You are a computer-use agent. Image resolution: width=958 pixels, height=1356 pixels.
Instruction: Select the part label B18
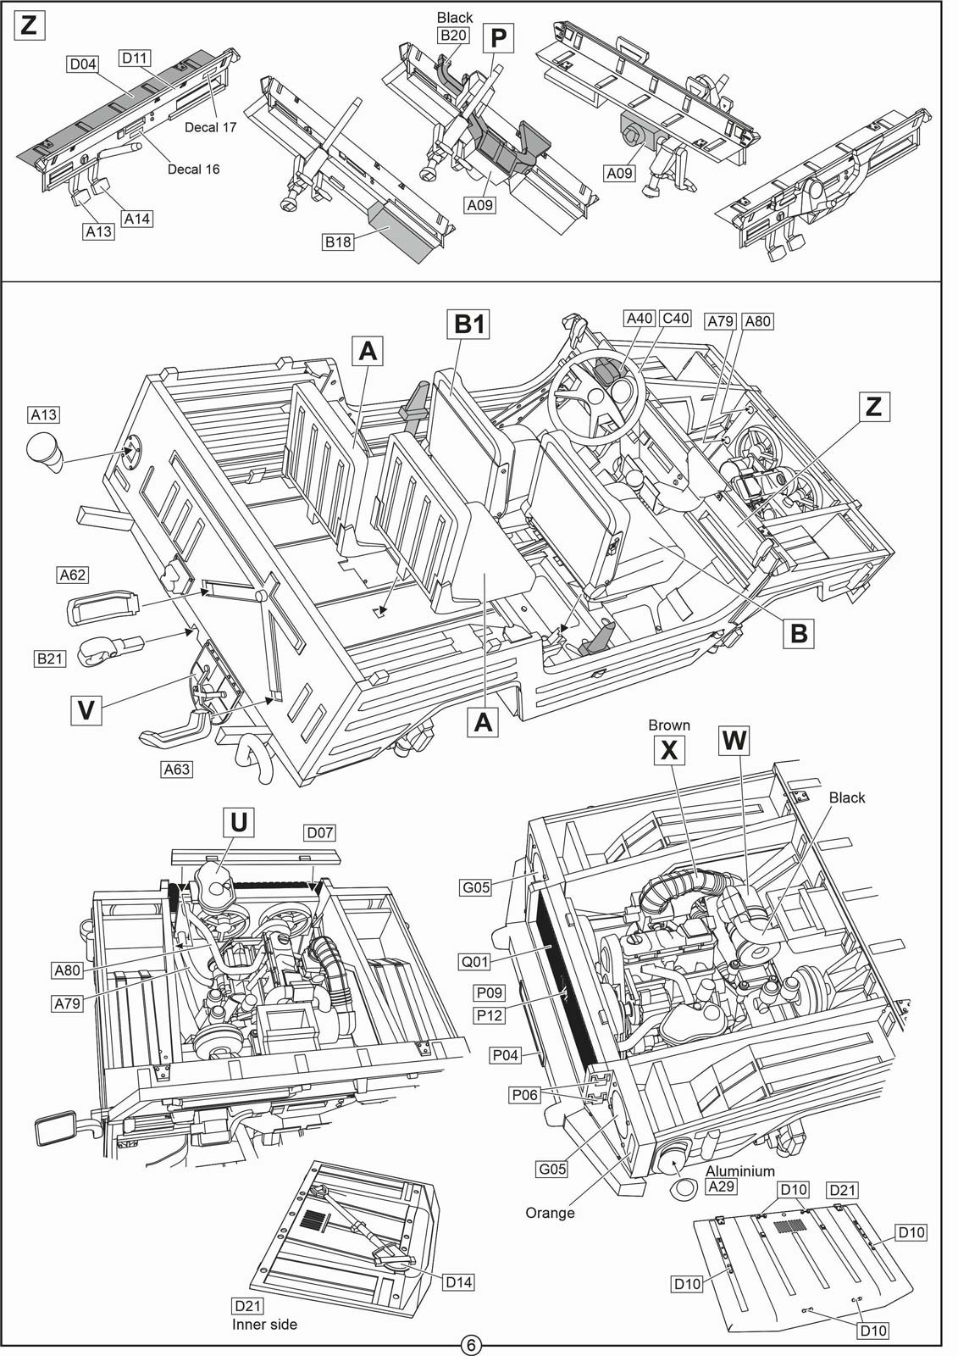pyautogui.click(x=338, y=242)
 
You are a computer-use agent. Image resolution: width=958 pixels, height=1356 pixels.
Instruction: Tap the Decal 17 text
pyautogui.click(x=210, y=127)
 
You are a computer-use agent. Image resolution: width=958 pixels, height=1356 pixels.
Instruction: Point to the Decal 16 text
pyautogui.click(x=194, y=169)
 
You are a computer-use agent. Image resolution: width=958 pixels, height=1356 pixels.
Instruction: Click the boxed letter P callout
pyautogui.click(x=498, y=37)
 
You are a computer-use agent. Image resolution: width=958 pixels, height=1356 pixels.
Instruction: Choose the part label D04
pyautogui.click(x=83, y=64)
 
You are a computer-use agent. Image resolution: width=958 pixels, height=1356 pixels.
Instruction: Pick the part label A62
pyautogui.click(x=73, y=575)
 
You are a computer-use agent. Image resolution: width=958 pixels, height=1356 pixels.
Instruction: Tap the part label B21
pyautogui.click(x=50, y=658)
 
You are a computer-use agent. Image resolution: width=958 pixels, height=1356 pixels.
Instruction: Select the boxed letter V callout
pyautogui.click(x=86, y=710)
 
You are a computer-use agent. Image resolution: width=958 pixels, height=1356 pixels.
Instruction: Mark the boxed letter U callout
pyautogui.click(x=238, y=822)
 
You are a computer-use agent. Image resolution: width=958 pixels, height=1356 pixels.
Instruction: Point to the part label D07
pyautogui.click(x=320, y=832)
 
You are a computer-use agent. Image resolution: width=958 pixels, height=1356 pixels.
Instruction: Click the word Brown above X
pyautogui.click(x=668, y=725)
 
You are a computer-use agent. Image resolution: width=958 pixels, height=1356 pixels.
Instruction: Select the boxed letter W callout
pyautogui.click(x=734, y=741)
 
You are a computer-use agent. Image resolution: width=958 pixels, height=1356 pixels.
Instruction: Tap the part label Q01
pyautogui.click(x=474, y=961)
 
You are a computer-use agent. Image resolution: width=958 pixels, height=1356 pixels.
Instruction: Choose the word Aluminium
pyautogui.click(x=739, y=1170)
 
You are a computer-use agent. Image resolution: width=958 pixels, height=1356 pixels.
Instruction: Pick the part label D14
pyautogui.click(x=459, y=1282)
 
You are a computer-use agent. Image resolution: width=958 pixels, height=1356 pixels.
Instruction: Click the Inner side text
pyautogui.click(x=264, y=1324)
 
